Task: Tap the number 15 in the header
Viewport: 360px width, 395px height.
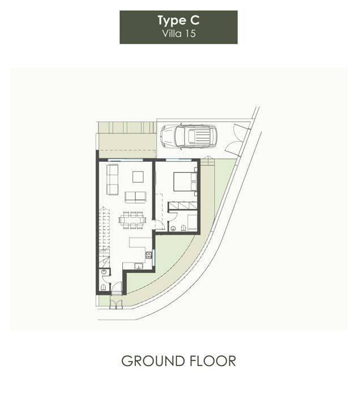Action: (190, 33)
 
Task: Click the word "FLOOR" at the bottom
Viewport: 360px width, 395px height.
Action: (213, 361)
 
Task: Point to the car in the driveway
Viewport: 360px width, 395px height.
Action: (189, 137)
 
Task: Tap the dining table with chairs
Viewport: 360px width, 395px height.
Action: (132, 220)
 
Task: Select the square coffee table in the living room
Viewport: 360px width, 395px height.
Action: (138, 177)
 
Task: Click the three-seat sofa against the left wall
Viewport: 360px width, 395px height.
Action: (112, 179)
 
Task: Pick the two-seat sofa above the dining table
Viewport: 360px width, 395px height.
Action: (135, 197)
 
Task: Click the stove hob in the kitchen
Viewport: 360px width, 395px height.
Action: (148, 255)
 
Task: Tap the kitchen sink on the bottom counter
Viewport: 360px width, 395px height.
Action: (138, 265)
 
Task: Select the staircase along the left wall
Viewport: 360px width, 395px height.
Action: (104, 237)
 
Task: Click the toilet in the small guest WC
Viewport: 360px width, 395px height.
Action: (103, 287)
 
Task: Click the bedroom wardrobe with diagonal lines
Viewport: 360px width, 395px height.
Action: (183, 205)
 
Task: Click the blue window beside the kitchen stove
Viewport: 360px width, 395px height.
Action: (153, 257)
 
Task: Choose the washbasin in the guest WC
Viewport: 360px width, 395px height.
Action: (103, 272)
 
